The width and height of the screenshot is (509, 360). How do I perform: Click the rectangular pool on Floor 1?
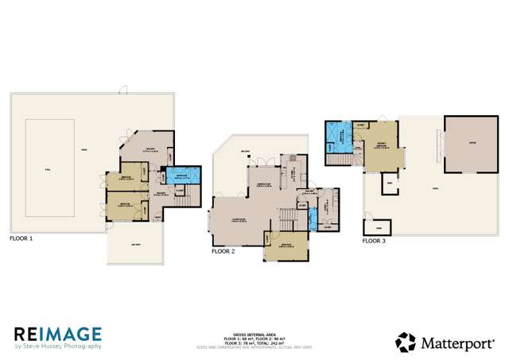tap(51, 169)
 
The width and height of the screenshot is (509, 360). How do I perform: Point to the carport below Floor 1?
tap(134, 246)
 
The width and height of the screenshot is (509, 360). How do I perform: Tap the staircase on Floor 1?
tap(187, 199)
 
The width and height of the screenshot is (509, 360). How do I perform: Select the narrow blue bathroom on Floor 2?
tap(313, 219)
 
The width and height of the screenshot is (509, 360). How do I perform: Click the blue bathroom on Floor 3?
tap(343, 136)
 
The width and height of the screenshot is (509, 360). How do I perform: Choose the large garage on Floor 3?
tap(472, 145)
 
